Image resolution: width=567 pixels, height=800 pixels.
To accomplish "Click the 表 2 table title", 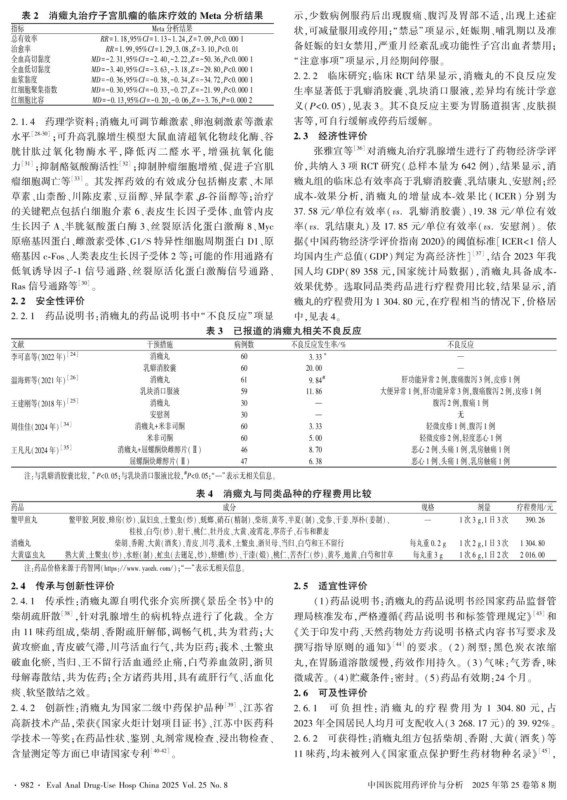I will pos(142,16).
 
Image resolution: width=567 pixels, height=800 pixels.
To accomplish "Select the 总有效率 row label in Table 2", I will pos(25,39).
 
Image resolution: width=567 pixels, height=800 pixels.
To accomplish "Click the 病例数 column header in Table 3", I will pos(244,344).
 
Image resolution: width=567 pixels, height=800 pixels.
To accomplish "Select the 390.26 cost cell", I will pos(535,520).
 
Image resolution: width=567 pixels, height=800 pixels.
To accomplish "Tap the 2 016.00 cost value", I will pos(535,555).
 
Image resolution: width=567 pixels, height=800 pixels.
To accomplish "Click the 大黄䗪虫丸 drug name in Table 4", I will pos(28,555).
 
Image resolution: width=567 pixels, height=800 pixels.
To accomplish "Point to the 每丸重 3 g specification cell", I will pos(428,555).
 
